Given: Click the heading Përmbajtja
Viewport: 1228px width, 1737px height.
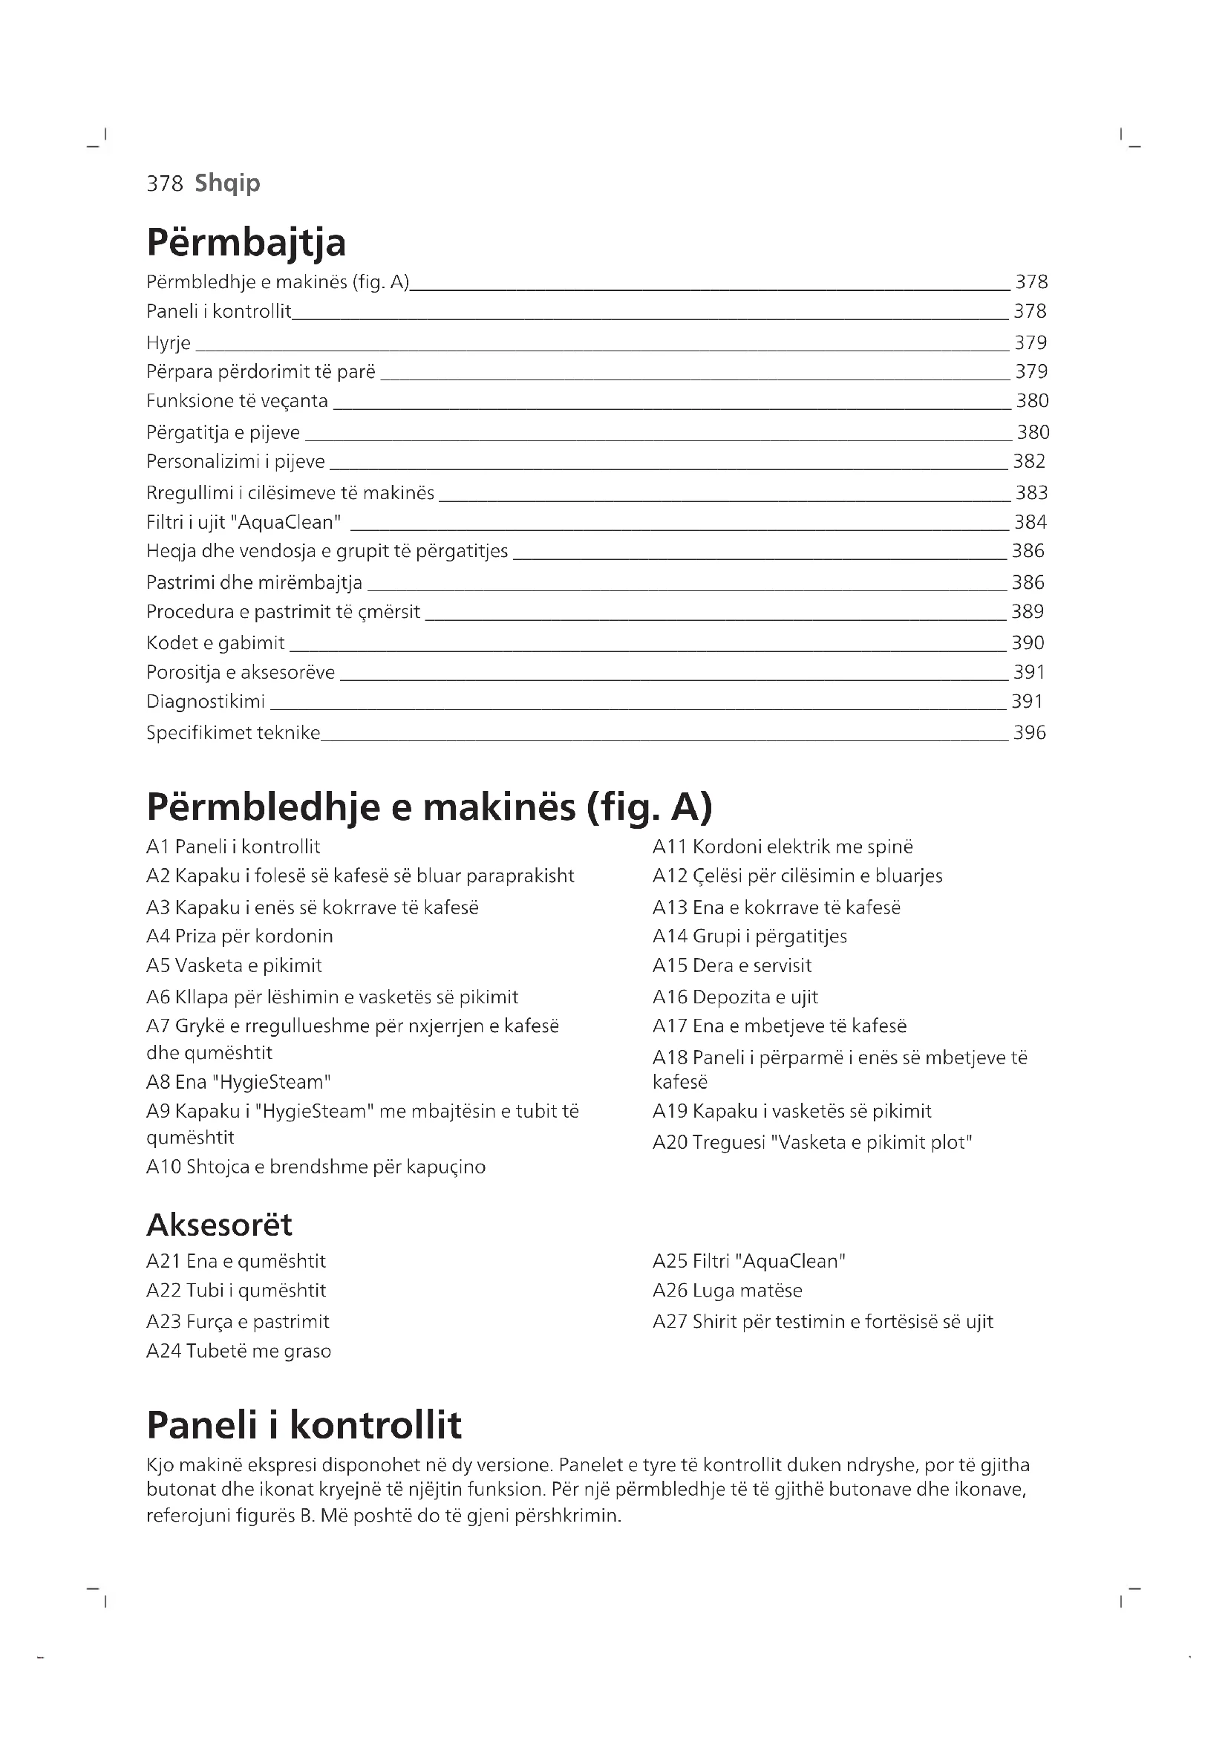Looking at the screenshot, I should [246, 243].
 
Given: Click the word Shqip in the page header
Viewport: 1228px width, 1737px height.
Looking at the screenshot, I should [227, 183].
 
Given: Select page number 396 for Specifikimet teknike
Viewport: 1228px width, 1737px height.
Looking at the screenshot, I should [1029, 732].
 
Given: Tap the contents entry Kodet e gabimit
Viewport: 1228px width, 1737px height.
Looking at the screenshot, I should [215, 643].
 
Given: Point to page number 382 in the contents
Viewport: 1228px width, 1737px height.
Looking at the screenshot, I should [1029, 461].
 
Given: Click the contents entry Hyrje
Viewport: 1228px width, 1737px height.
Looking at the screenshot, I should [169, 344].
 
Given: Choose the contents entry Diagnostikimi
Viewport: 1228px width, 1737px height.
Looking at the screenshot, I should [206, 701].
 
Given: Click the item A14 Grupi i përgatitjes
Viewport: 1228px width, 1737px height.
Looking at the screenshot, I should [749, 936].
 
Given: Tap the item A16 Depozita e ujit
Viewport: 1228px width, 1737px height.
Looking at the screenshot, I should [735, 997].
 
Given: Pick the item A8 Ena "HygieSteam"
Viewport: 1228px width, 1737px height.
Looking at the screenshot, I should [238, 1082].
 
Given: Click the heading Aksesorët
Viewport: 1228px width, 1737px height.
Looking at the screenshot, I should [219, 1224].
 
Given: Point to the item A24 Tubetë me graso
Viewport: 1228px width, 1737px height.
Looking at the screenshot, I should [238, 1350].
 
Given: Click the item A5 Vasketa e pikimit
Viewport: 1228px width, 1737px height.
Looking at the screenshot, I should [234, 965].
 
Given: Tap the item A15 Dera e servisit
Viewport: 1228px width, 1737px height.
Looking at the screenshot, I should [732, 965].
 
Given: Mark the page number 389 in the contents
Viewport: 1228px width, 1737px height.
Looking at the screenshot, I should [1028, 611].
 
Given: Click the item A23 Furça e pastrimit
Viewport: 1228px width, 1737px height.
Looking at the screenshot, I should [238, 1321].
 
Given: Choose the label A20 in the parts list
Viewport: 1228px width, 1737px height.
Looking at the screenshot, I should [669, 1142].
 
